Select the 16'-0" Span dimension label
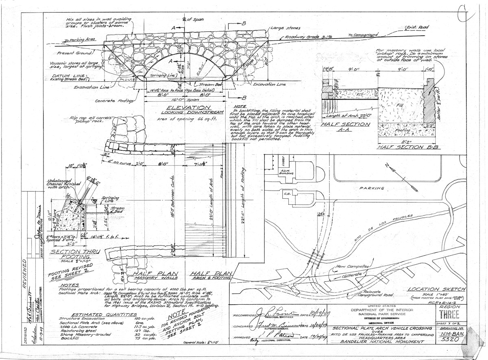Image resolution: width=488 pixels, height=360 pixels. pyautogui.click(x=184, y=99)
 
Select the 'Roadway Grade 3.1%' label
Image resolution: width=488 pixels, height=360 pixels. pyautogui.click(x=309, y=37)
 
